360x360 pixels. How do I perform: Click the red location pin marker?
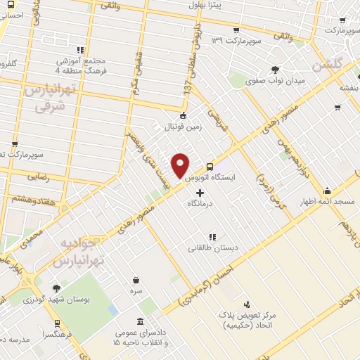(x=181, y=165)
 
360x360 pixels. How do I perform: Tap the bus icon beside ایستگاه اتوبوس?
(x=210, y=167)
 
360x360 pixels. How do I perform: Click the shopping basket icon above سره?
(x=135, y=279)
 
